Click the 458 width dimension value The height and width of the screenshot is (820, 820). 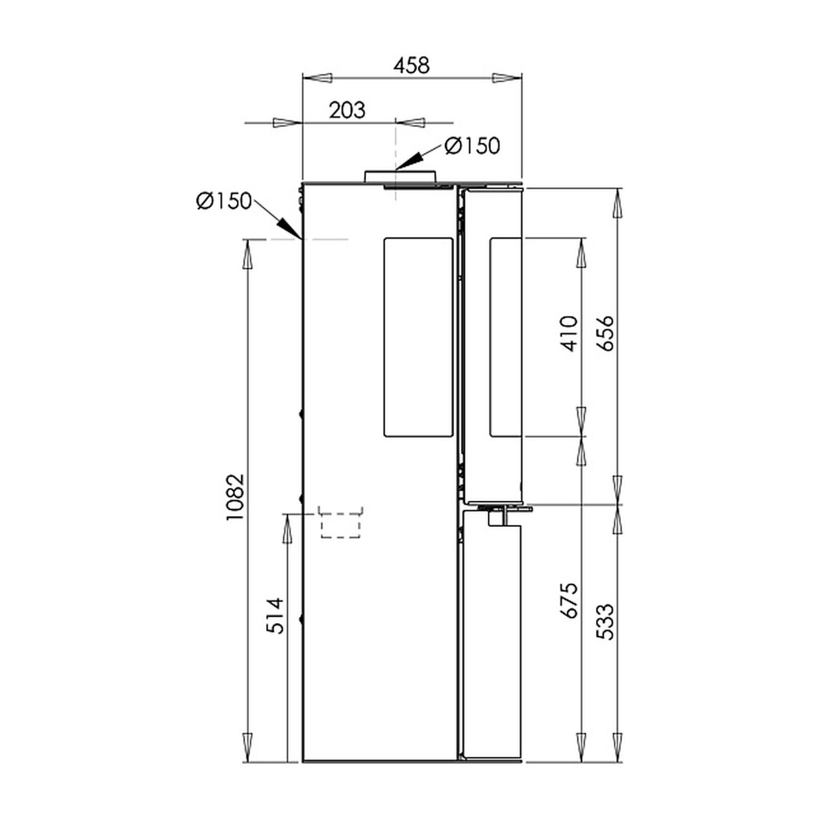click(412, 65)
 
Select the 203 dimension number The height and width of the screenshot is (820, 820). click(347, 110)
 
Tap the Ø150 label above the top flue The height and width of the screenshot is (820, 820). click(472, 146)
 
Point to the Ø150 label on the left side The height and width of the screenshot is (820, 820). click(224, 201)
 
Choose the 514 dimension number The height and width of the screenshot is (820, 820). click(276, 616)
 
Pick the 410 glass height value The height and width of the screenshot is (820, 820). click(569, 333)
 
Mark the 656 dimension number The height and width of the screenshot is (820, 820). click(605, 333)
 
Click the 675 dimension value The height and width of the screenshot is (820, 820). click(569, 601)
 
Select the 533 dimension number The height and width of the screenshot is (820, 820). click(605, 622)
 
